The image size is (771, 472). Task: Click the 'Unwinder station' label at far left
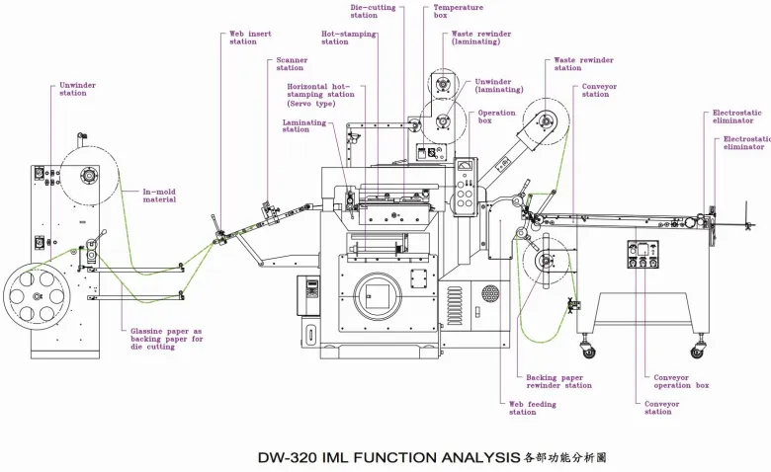78,89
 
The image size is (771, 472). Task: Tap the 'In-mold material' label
159,196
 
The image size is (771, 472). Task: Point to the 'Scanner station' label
291,64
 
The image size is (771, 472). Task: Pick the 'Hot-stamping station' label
349,38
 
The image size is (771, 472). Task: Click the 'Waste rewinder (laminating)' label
481,38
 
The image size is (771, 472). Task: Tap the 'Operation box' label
497,117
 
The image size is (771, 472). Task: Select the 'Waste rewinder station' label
583,64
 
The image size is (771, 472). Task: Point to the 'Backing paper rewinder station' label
559,381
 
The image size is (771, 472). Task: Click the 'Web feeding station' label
533,408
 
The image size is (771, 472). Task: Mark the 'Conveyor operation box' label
681,381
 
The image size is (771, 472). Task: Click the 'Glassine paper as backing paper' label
167,336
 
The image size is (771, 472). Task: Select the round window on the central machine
377,293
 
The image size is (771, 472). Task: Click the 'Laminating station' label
296,125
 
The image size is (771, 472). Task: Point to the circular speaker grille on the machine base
489,293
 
